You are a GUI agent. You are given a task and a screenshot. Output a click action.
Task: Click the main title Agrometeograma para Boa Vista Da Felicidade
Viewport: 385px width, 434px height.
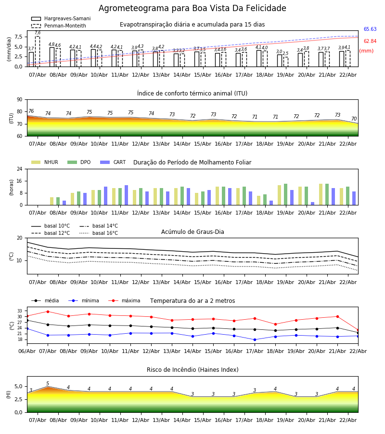(x=192, y=9)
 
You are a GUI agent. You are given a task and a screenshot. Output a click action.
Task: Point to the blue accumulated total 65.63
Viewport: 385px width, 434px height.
(x=370, y=29)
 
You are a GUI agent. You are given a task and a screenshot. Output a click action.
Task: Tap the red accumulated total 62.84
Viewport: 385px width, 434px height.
(x=370, y=41)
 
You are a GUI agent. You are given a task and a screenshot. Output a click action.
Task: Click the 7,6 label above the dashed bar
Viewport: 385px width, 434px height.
(x=38, y=33)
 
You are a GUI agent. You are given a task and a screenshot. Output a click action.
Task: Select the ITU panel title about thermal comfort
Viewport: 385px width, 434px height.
(x=192, y=94)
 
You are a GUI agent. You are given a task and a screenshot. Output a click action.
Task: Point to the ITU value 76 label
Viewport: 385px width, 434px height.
(x=31, y=111)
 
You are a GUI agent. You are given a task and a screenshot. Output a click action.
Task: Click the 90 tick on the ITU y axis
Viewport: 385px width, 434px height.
(x=19, y=100)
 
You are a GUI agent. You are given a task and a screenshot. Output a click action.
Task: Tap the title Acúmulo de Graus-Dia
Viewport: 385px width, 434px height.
(x=192, y=232)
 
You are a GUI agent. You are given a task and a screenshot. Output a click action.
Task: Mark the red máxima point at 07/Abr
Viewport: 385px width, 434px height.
(x=48, y=312)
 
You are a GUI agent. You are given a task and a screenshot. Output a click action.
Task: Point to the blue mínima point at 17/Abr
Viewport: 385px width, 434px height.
(x=255, y=339)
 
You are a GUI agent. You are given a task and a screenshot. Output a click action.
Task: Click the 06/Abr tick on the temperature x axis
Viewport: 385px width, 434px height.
(x=27, y=350)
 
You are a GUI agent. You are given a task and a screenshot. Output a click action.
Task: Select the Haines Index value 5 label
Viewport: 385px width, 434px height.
(x=48, y=384)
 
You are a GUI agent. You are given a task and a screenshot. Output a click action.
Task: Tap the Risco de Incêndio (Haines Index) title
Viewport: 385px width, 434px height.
(x=192, y=370)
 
